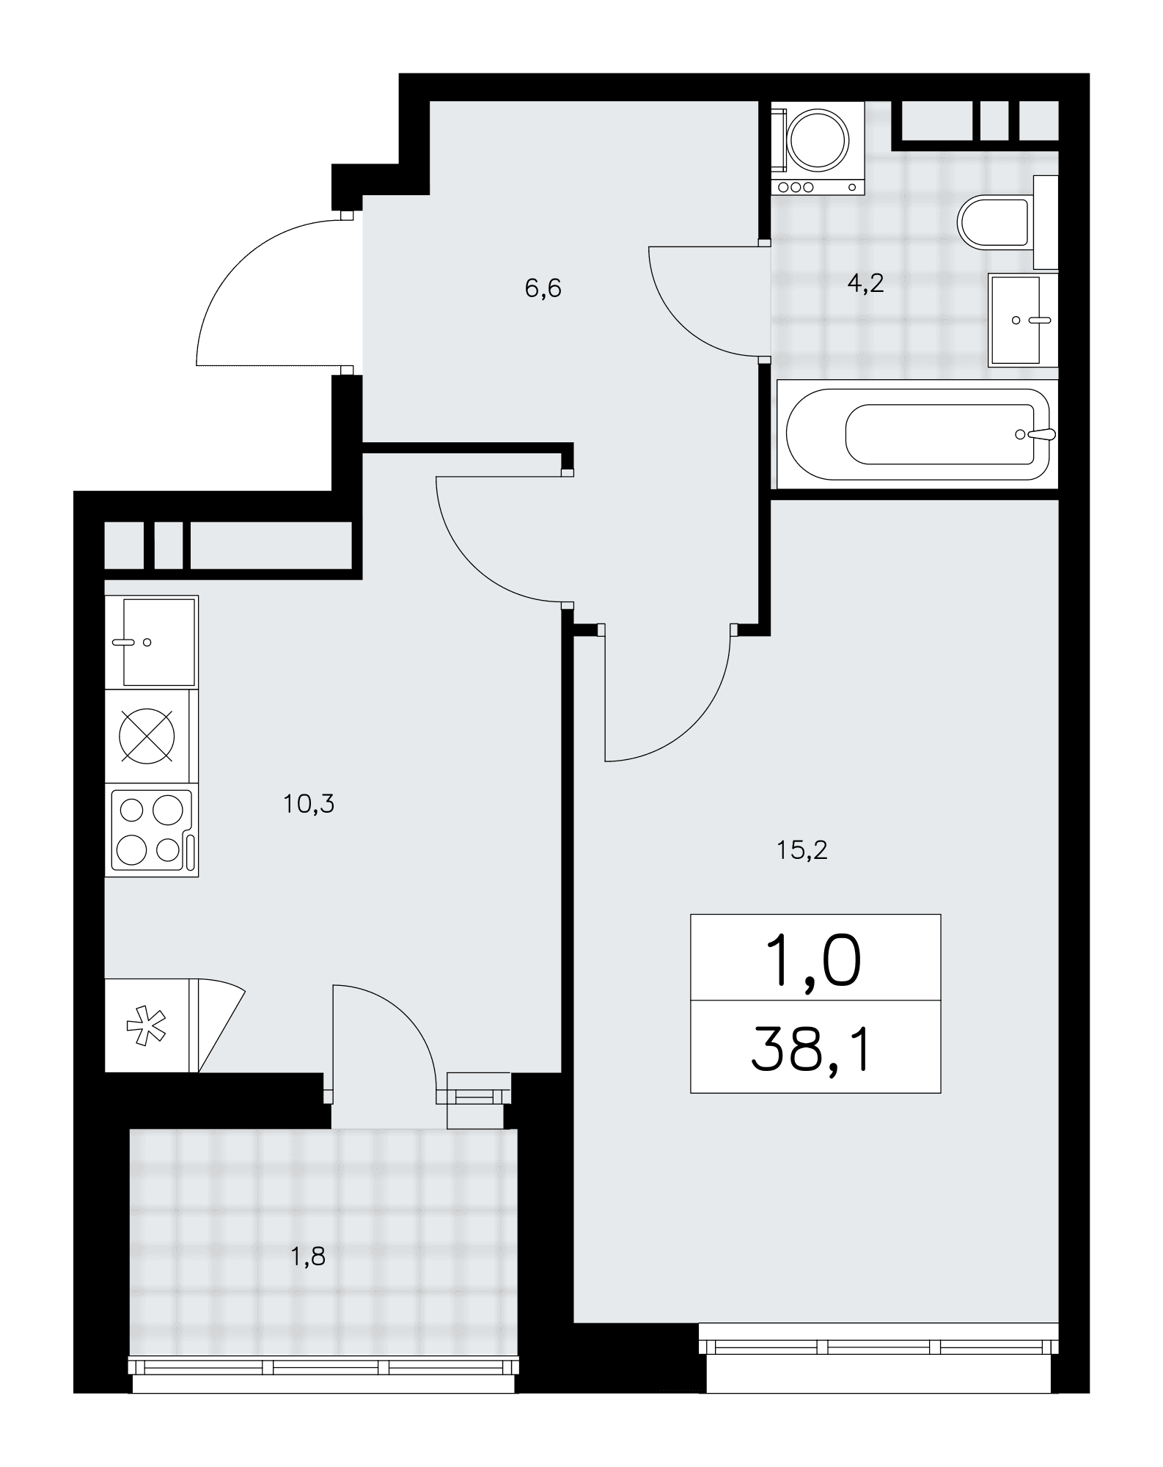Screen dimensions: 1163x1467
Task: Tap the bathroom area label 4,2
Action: click(865, 283)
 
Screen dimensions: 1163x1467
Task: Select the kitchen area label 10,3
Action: click(309, 805)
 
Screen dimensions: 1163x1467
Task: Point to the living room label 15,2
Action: click(801, 850)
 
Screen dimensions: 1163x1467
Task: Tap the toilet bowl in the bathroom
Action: click(994, 222)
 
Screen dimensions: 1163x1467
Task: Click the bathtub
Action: click(917, 434)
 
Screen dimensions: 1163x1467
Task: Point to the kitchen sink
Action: click(152, 642)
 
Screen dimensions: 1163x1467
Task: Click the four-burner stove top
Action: click(152, 830)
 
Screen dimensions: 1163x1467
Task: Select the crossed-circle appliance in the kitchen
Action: click(147, 736)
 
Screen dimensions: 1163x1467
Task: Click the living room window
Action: click(879, 1347)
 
